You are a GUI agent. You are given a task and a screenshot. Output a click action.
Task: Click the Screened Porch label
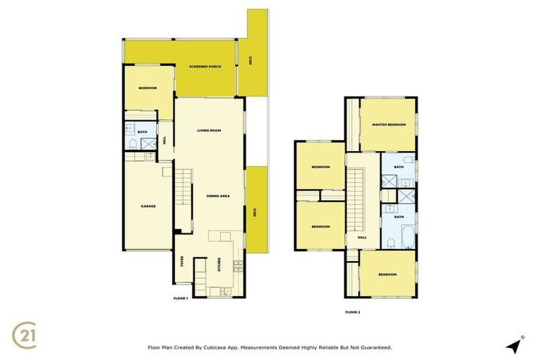pos(205,67)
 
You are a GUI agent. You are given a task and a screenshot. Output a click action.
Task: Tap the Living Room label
pos(209,130)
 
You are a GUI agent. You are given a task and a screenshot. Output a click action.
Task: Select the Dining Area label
pos(218,196)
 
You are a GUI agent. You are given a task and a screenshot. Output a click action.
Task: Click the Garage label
pos(148,206)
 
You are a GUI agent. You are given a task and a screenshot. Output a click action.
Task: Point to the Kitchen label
pos(219,266)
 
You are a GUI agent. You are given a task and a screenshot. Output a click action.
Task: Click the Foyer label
pos(182,262)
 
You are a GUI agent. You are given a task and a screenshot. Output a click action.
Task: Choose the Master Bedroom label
pos(390,124)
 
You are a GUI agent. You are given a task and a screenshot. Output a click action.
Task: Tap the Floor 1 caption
pos(181,299)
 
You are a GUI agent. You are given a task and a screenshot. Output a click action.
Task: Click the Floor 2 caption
pos(352,311)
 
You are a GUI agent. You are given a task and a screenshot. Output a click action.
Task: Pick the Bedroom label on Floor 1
pos(148,88)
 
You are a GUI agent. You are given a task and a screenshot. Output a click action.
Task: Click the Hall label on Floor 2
pos(362,238)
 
